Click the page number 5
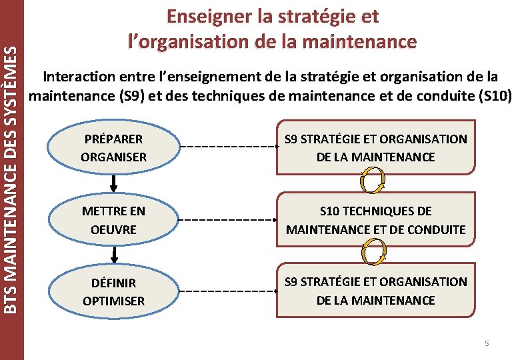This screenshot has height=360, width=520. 487,343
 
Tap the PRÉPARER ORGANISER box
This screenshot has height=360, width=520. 113,148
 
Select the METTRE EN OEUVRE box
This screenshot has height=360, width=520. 113,220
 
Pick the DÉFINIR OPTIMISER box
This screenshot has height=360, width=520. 113,292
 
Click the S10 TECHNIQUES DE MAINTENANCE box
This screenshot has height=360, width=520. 376,220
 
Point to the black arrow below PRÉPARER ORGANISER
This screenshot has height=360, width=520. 115,181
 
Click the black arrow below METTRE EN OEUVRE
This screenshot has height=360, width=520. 115,253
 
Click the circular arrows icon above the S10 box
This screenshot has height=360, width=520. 372,179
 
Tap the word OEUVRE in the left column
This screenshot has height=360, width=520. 113,229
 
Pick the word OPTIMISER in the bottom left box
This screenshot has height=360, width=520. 113,301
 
